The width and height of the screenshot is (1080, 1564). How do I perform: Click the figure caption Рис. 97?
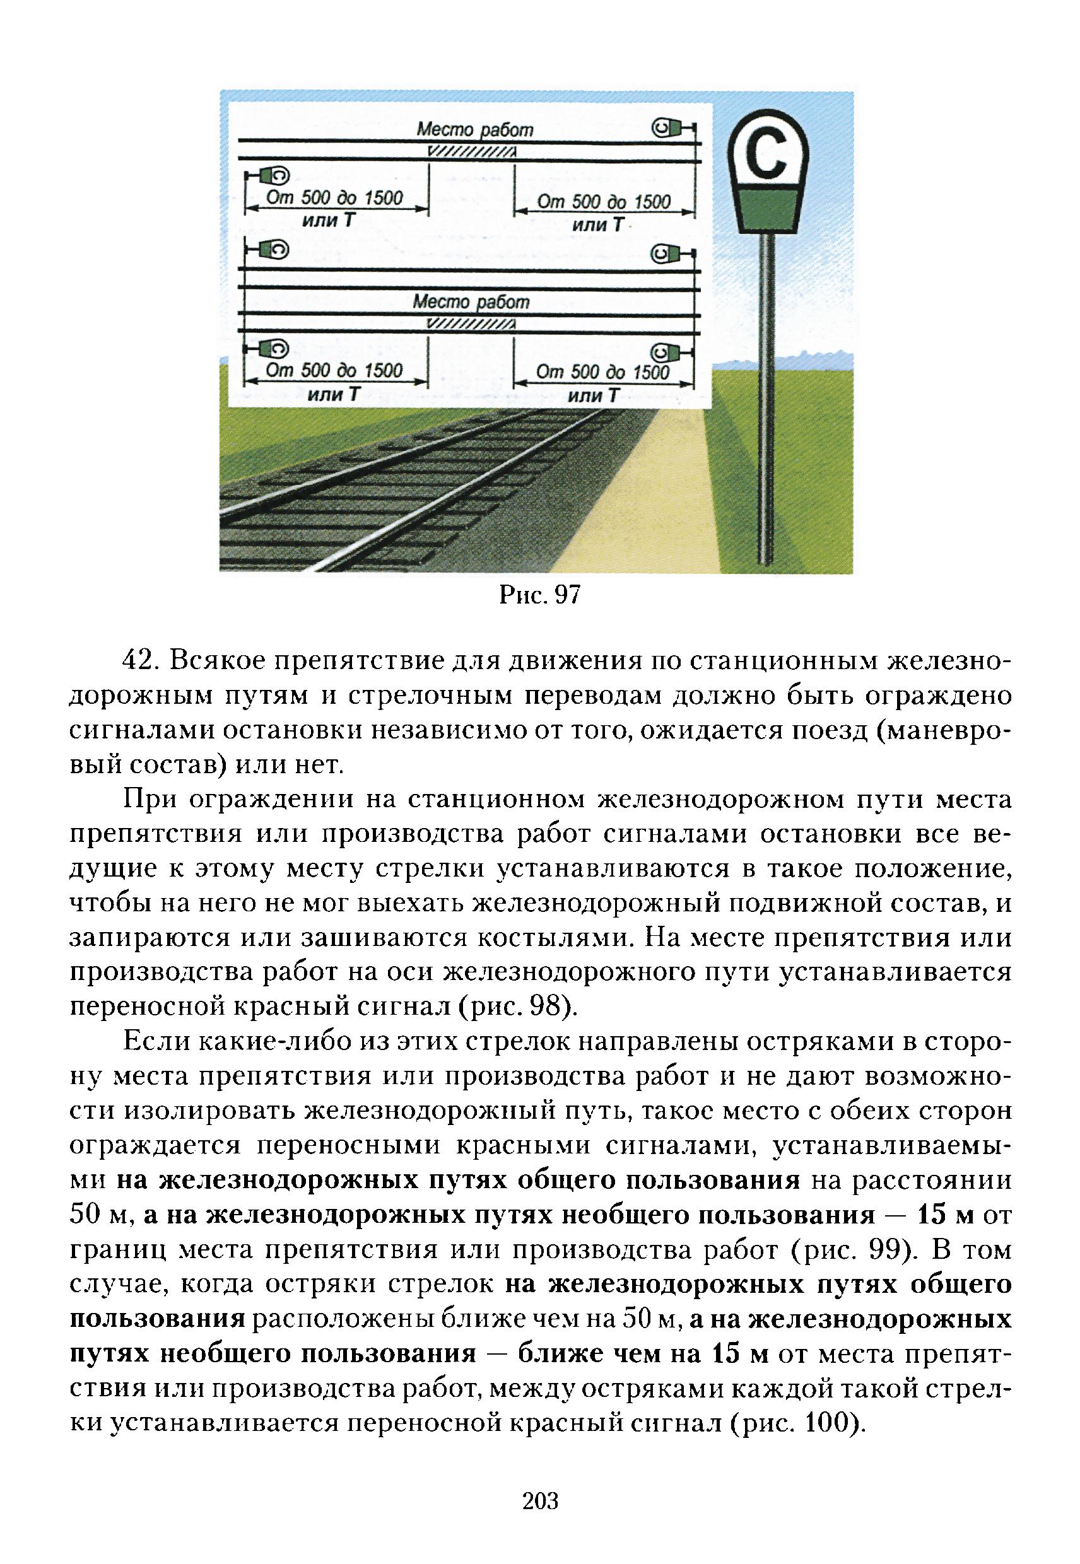[x=540, y=595]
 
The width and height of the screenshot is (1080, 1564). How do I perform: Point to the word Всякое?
[x=208, y=661]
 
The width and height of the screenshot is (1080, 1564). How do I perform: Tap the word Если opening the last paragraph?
[x=150, y=1042]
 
